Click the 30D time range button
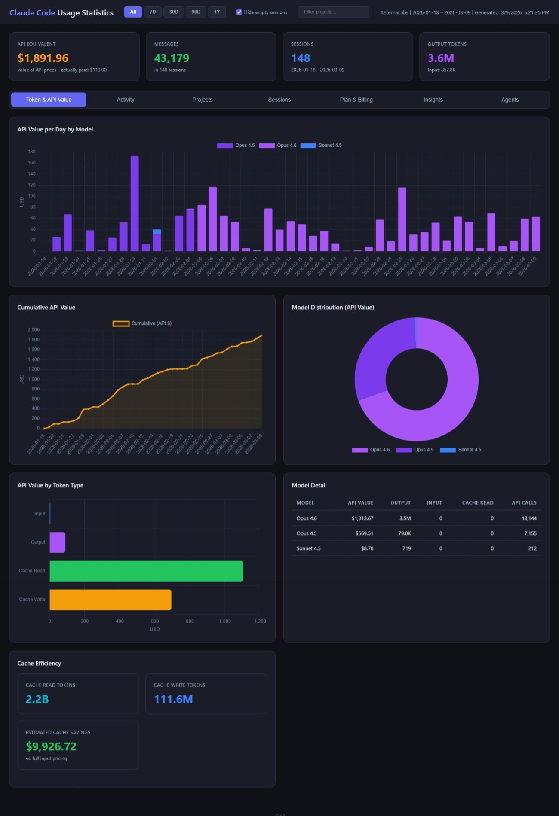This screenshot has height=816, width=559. pos(174,12)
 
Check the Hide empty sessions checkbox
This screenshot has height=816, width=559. pos(239,12)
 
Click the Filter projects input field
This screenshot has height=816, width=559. pos(333,12)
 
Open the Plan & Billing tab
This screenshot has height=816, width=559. pos(356,100)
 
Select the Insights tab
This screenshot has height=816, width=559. pos(433,100)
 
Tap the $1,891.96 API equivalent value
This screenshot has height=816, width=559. pos(43,58)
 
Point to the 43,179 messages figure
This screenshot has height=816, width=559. pos(172,58)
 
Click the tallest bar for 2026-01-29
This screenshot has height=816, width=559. pos(135,202)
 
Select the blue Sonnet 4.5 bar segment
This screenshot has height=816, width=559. pos(157,231)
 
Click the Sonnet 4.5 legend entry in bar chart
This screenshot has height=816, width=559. pos(321,145)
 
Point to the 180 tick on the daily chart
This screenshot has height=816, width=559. pos(32,152)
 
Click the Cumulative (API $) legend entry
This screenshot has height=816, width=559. pos(142,323)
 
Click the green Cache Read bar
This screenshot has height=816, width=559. pos(146,571)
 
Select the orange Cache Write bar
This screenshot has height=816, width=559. pos(111,600)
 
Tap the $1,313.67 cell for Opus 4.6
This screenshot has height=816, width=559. pos(362,518)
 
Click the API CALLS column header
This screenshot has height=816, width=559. pos(524,502)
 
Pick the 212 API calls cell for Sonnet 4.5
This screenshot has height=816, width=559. pos(532,548)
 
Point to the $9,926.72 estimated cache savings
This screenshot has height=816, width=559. pos(51,746)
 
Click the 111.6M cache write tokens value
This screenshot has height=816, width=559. pos(173,699)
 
